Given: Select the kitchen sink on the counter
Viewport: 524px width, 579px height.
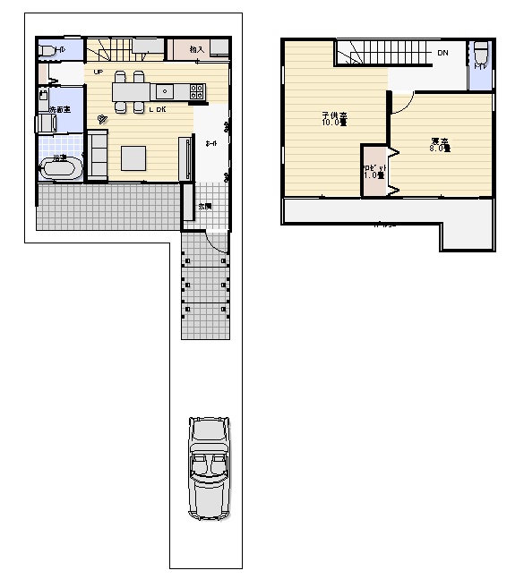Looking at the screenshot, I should tap(165, 90).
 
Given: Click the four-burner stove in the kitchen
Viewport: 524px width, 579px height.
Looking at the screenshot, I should tap(197, 90).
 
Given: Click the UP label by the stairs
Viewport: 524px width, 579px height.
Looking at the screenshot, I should tap(97, 72).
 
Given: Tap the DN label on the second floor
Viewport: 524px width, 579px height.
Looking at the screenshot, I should tap(442, 54).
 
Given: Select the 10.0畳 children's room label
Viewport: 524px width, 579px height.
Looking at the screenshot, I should tap(334, 119).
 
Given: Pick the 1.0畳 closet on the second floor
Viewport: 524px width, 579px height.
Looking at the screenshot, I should tap(374, 170).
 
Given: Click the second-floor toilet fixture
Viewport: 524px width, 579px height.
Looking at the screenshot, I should tap(481, 55).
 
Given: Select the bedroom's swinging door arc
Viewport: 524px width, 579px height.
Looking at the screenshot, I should tap(402, 102).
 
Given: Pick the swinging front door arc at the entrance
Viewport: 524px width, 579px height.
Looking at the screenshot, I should tap(217, 240).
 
